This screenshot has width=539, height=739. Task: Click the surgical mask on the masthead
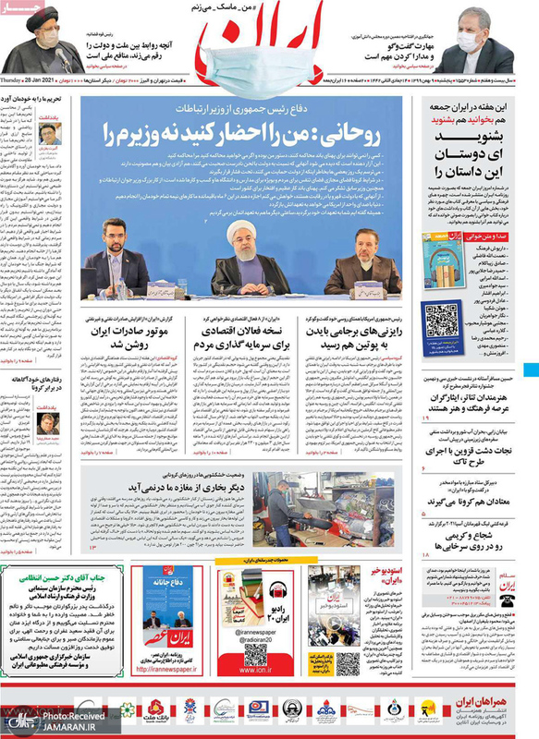pyautogui.click(x=267, y=47)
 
